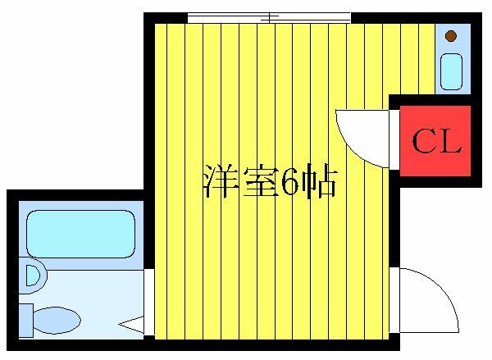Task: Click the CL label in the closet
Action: (436, 141)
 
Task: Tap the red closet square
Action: (435, 141)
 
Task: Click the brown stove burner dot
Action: (451, 36)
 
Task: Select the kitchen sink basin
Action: (452, 71)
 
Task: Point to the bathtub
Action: (81, 234)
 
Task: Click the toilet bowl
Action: (57, 321)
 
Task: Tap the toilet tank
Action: (26, 321)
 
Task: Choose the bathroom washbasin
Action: (33, 276)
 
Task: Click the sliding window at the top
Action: (269, 17)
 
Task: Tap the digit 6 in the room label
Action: (289, 181)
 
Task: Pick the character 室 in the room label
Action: (260, 181)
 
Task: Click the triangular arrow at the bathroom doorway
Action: (131, 325)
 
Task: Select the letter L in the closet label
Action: (450, 142)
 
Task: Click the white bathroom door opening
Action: (149, 302)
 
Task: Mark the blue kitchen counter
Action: (453, 59)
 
